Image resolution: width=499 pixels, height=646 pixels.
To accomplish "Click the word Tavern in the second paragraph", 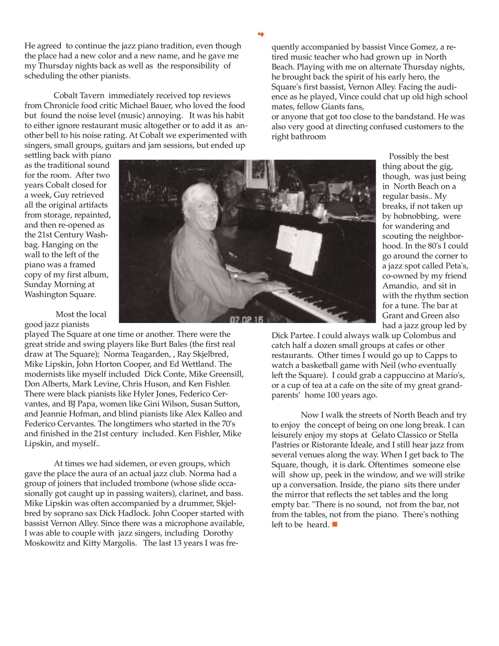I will (x=92, y=95).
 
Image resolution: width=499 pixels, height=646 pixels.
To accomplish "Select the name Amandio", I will (x=400, y=286).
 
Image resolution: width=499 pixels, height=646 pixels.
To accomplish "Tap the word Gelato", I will (x=383, y=435).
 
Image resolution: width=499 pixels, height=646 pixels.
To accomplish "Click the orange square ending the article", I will (x=335, y=524).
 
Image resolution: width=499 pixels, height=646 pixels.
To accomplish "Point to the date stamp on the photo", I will (x=246, y=319).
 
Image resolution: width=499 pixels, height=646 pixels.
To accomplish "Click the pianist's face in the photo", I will (x=199, y=204).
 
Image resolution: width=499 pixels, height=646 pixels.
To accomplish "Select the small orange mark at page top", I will (x=260, y=34).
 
